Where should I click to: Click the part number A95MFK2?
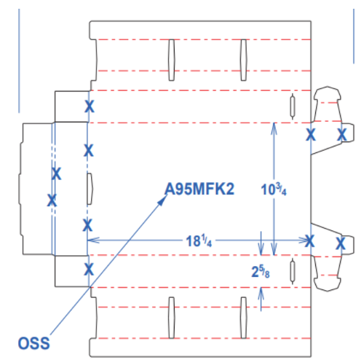199,189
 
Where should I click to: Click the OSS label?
34,343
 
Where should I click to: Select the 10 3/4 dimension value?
274,189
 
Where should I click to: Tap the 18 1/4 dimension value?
199,241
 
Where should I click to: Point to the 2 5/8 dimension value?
261,272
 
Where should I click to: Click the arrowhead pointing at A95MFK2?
162,200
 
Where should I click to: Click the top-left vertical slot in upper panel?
172,60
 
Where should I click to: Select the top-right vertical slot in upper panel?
244,60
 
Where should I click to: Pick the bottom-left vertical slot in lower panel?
172,318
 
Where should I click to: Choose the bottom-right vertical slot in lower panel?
244,318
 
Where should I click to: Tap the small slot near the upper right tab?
293,106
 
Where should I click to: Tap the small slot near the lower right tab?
293,271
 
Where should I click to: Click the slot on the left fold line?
90,189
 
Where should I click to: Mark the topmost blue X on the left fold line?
90,106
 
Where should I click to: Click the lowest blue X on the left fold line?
89,269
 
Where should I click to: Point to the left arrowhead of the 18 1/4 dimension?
93,240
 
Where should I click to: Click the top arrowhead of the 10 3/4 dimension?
274,129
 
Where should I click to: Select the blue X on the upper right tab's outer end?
342,135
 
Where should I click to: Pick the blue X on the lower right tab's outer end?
341,243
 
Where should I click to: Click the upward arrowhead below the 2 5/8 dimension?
261,294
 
